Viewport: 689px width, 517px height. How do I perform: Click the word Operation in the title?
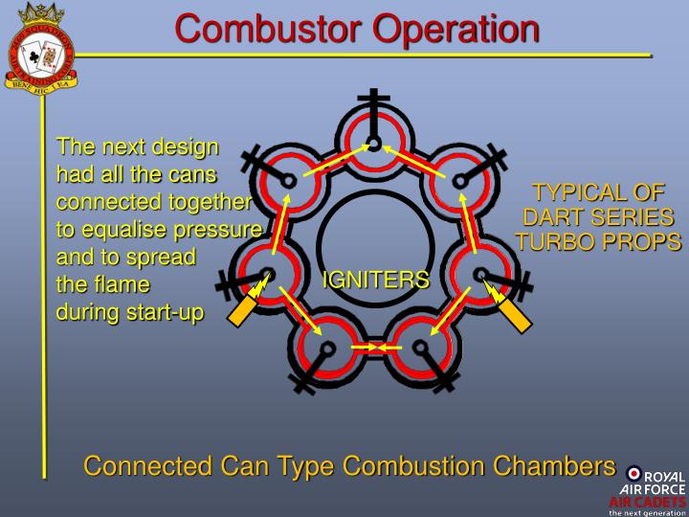point(456,28)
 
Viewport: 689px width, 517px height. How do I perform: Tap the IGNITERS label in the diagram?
point(375,280)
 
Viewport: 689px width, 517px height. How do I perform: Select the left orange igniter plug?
point(242,305)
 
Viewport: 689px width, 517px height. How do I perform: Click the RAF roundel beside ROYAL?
point(633,474)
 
